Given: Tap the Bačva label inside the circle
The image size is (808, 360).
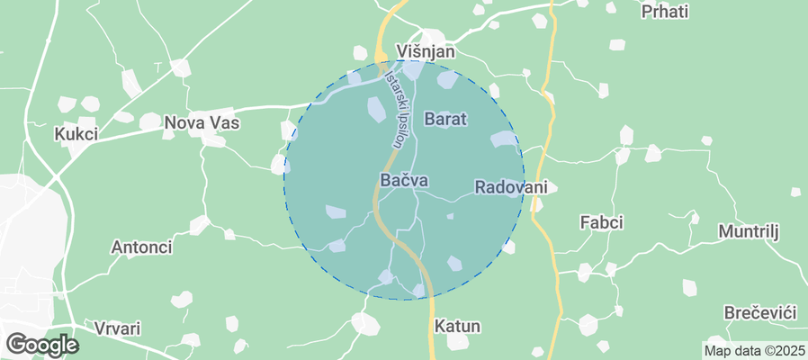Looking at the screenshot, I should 403,181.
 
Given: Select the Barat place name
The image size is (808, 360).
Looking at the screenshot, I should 445,119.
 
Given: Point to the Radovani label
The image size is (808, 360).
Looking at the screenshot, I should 510,187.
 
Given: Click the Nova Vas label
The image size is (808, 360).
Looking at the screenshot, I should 202,121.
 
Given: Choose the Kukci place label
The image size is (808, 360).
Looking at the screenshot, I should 76,134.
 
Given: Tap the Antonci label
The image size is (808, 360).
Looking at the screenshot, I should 139,247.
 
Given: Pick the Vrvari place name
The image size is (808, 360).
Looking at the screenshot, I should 116,328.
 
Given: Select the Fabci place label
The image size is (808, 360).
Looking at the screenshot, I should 602,221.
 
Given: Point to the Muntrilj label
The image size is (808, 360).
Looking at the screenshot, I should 747,231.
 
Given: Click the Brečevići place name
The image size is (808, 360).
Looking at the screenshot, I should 760,312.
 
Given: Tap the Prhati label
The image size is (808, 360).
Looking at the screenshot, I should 665,12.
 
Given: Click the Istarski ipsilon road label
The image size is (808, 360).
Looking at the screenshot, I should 395,110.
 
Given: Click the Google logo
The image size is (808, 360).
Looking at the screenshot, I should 41,344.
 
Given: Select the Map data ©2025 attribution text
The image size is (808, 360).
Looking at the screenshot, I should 753,350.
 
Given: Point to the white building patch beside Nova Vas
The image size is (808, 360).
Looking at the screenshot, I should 213,139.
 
